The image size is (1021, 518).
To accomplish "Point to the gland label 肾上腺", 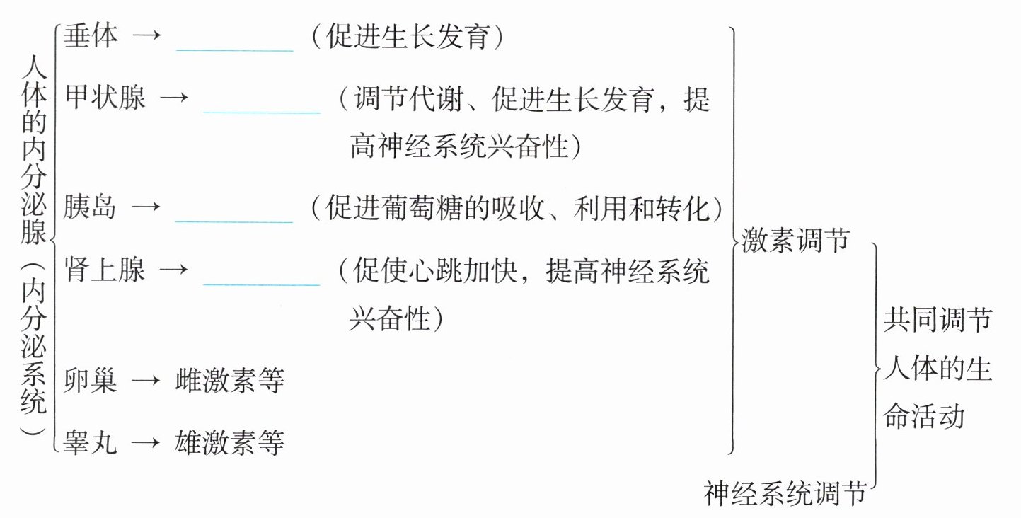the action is (104, 270).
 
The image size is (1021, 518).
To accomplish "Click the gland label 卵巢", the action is (90, 381).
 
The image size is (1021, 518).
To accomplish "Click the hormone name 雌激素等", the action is (229, 381).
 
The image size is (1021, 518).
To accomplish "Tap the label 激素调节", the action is (796, 241).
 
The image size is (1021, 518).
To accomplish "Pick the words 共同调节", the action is (938, 323).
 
